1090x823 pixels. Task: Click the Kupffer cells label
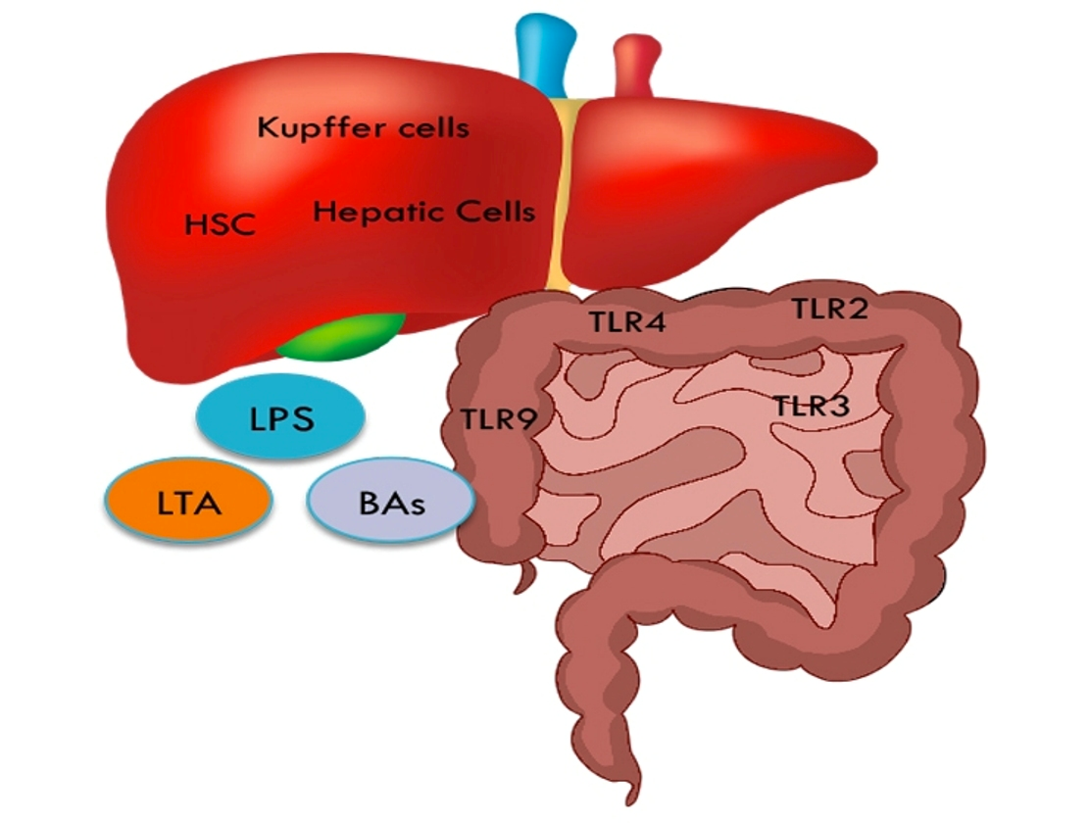(363, 128)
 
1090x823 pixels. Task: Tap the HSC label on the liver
(221, 224)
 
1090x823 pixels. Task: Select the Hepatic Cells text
(424, 212)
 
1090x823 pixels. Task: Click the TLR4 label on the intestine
(627, 321)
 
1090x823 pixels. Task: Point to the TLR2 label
(830, 308)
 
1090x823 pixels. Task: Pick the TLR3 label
(812, 406)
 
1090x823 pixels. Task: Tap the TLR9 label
(499, 419)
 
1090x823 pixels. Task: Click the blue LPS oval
(281, 416)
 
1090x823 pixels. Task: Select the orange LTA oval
(188, 502)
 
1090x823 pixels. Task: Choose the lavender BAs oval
(391, 502)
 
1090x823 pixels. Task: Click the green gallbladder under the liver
(342, 337)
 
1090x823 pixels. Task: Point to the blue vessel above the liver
(546, 52)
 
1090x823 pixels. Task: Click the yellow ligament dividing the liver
(561, 195)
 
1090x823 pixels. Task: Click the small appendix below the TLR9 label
(526, 578)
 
